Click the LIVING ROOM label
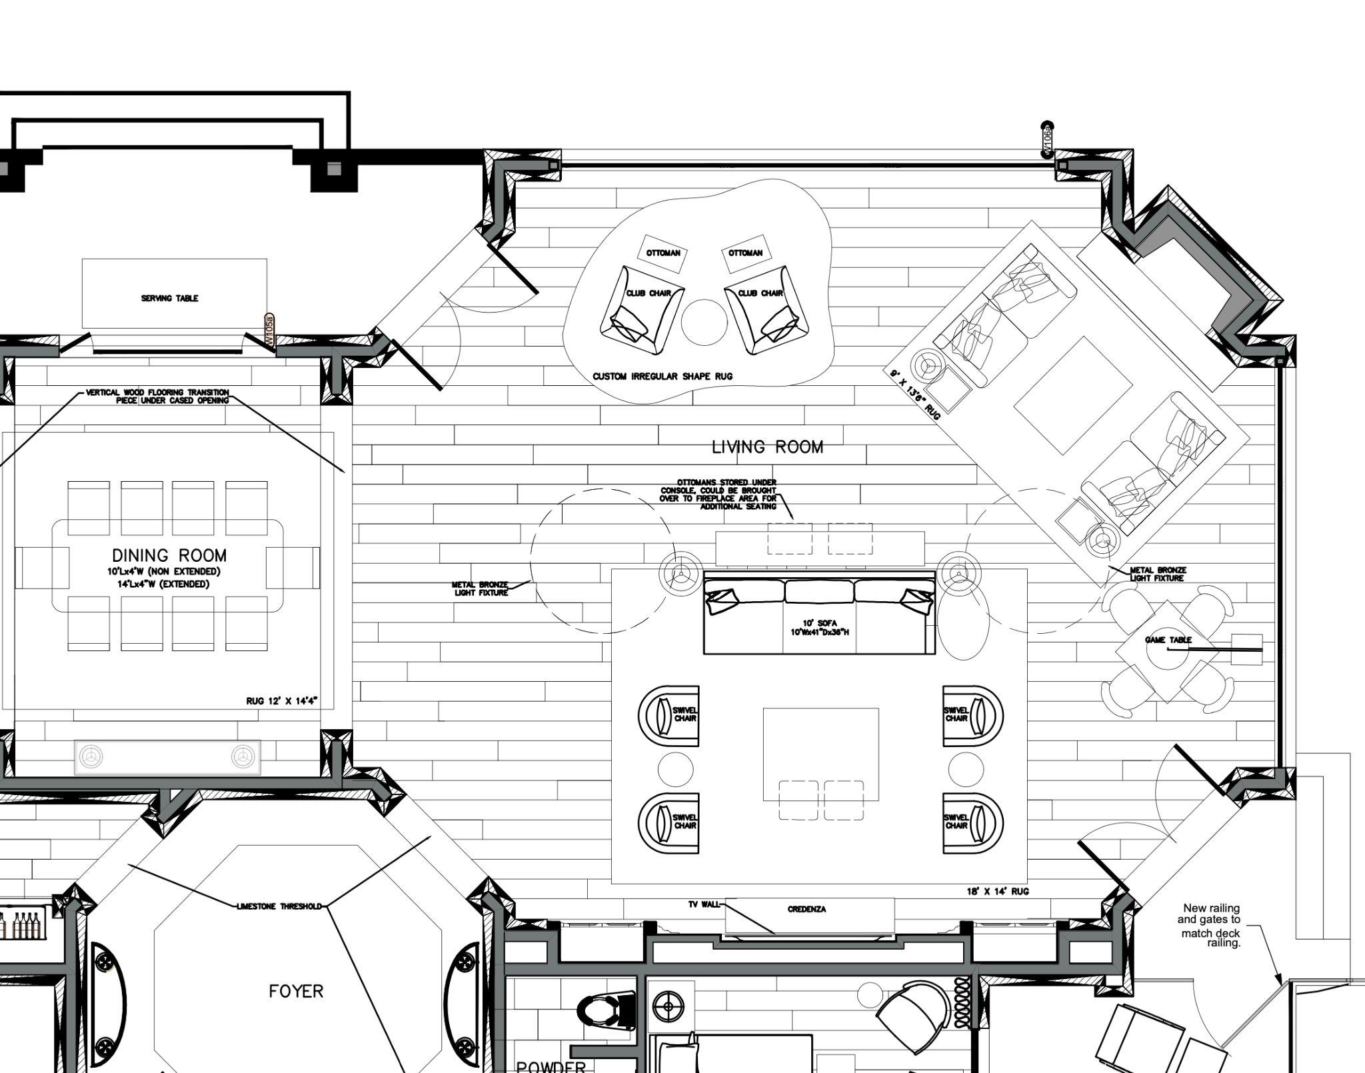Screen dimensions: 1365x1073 pyautogui.click(x=767, y=447)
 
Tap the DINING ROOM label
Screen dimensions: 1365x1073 pyautogui.click(x=169, y=555)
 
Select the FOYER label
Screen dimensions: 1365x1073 pyautogui.click(x=296, y=991)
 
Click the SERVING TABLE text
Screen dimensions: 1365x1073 pyautogui.click(x=169, y=298)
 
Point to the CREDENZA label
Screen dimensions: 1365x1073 pyautogui.click(x=806, y=909)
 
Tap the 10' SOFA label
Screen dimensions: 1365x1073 pyautogui.click(x=819, y=624)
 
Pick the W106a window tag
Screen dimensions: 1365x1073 pyautogui.click(x=1047, y=140)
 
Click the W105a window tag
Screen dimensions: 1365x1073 pyautogui.click(x=269, y=330)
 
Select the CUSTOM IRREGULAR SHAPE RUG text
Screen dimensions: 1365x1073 pyautogui.click(x=663, y=377)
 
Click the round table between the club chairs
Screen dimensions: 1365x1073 pyautogui.click(x=704, y=322)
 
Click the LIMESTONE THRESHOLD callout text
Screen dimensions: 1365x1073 pyautogui.click(x=279, y=906)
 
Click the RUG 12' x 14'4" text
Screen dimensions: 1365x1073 pyautogui.click(x=281, y=700)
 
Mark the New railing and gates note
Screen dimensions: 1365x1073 pyautogui.click(x=1210, y=925)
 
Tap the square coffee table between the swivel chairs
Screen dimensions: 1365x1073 pyautogui.click(x=820, y=754)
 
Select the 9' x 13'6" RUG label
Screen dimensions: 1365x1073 pyautogui.click(x=914, y=396)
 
